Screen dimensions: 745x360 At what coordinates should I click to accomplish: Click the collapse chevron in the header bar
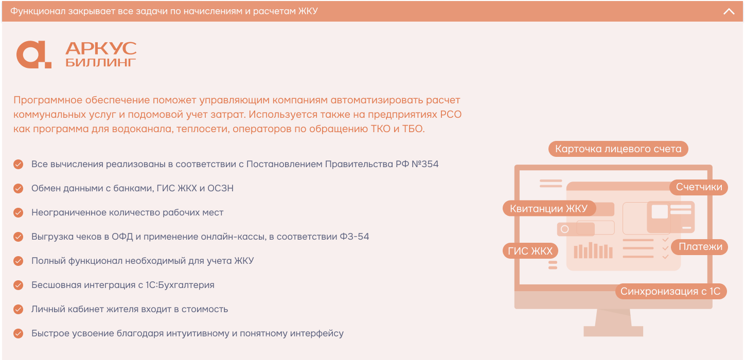pyautogui.click(x=729, y=12)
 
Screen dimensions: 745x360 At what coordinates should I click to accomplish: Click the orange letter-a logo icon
pyautogui.click(x=34, y=55)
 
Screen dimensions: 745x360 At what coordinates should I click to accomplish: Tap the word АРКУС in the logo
pyautogui.click(x=101, y=48)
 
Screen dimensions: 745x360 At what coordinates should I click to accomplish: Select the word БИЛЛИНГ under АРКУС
pyautogui.click(x=101, y=62)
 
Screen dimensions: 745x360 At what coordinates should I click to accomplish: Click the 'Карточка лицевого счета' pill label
pyautogui.click(x=618, y=149)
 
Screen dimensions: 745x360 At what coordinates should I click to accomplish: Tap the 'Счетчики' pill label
pyautogui.click(x=699, y=187)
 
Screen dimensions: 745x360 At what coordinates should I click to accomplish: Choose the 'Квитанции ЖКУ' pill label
pyautogui.click(x=549, y=208)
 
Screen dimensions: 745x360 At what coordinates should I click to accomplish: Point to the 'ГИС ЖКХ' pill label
pyautogui.click(x=530, y=251)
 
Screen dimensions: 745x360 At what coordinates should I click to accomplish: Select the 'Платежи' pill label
pyautogui.click(x=700, y=247)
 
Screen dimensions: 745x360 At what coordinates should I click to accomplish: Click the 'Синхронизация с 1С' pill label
pyautogui.click(x=670, y=291)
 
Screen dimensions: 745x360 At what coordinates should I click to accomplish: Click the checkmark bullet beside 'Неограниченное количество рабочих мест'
pyautogui.click(x=19, y=213)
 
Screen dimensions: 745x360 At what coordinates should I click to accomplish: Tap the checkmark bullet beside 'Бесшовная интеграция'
pyautogui.click(x=19, y=285)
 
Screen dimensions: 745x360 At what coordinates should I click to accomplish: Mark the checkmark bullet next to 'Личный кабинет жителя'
pyautogui.click(x=19, y=310)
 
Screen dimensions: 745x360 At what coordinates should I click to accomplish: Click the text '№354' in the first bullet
pyautogui.click(x=424, y=164)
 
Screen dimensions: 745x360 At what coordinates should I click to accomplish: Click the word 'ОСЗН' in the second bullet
pyautogui.click(x=220, y=188)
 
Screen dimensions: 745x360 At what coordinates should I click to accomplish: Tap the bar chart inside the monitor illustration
pyautogui.click(x=593, y=250)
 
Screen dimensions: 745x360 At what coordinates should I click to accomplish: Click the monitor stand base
pyautogui.click(x=613, y=331)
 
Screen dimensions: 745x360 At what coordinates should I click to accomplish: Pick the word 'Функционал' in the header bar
pyautogui.click(x=38, y=11)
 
